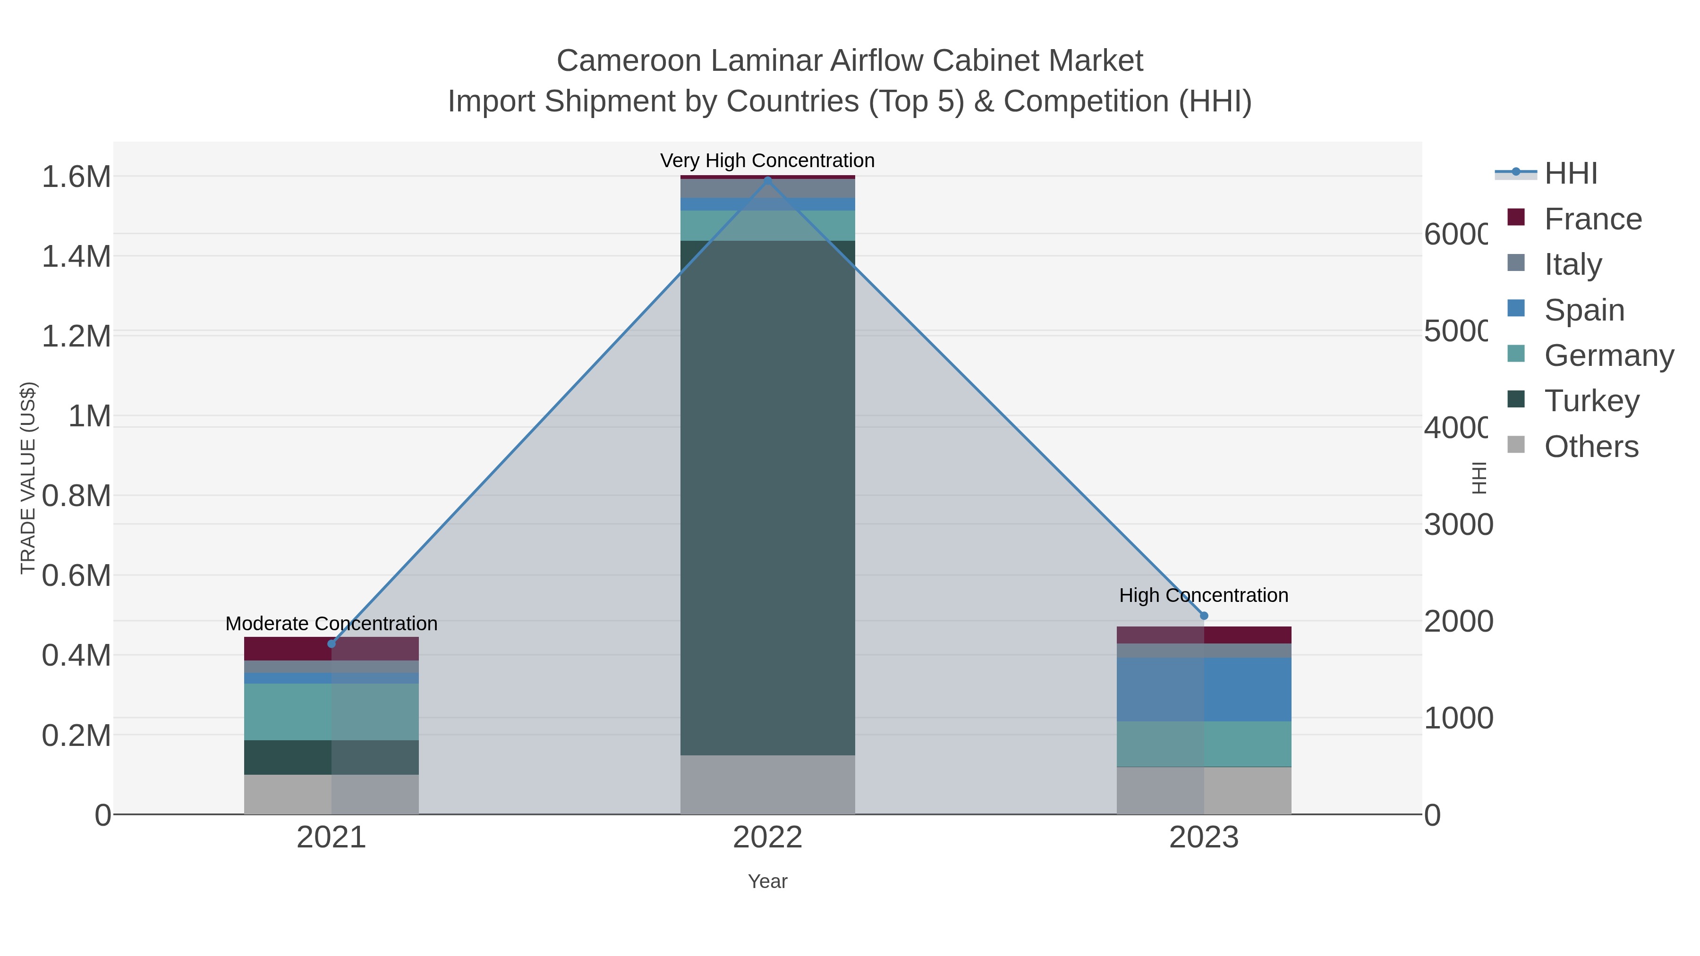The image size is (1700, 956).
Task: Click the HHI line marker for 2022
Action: pyautogui.click(x=767, y=179)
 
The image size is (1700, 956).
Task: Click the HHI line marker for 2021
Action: pyautogui.click(x=331, y=644)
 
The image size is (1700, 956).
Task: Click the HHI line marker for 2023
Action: pyautogui.click(x=1204, y=616)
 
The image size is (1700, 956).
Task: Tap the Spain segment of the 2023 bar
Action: pyautogui.click(x=1204, y=689)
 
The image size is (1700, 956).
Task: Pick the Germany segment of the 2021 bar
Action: pyautogui.click(x=331, y=712)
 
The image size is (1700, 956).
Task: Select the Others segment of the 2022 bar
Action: pyautogui.click(x=767, y=785)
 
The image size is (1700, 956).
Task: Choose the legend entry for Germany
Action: pyautogui.click(x=1608, y=355)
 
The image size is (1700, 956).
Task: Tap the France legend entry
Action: pyautogui.click(x=1592, y=219)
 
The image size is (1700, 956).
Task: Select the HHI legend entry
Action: pyautogui.click(x=1570, y=173)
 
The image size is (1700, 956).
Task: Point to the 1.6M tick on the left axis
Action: pyautogui.click(x=76, y=177)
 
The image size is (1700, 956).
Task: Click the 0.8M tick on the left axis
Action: pyautogui.click(x=76, y=496)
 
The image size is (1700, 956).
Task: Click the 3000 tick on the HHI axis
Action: pyautogui.click(x=1458, y=525)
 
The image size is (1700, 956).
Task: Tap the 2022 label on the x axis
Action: pyautogui.click(x=767, y=837)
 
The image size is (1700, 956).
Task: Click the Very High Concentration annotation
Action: pyautogui.click(x=767, y=161)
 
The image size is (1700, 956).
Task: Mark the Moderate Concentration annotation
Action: pyautogui.click(x=331, y=624)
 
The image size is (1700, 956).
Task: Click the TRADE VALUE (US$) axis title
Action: pyautogui.click(x=28, y=478)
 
